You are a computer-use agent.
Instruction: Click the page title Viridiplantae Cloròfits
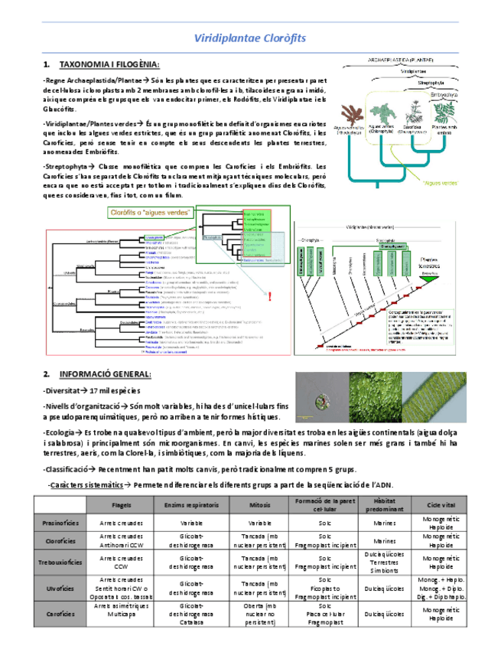point(250,38)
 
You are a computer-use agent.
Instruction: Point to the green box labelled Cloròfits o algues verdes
point(151,212)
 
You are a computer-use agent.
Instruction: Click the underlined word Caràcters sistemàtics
point(85,485)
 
